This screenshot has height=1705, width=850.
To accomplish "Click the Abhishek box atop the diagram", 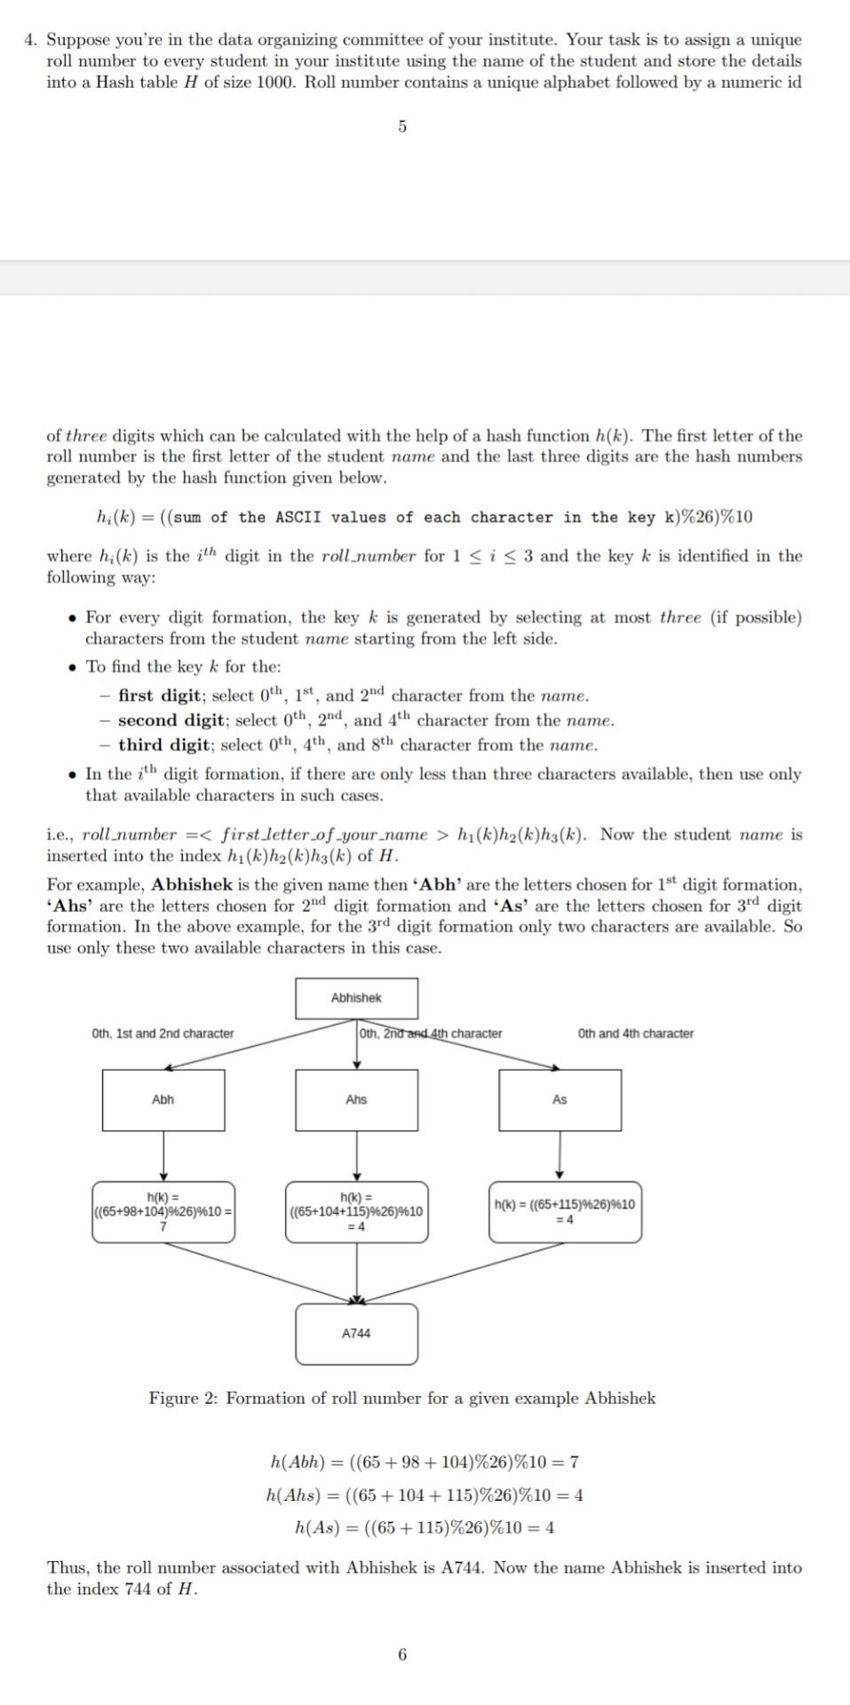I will [x=356, y=998].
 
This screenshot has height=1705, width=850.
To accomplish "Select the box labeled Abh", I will [x=163, y=1099].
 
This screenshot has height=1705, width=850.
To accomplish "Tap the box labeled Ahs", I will [x=356, y=1099].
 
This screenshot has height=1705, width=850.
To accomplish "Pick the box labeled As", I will [x=560, y=1099].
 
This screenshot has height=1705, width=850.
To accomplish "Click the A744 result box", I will [x=356, y=1333].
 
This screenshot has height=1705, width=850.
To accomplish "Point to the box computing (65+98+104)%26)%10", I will [x=163, y=1211].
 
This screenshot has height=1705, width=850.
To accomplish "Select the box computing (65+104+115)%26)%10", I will [x=356, y=1211].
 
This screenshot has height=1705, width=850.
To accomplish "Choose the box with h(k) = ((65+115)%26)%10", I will [x=565, y=1211].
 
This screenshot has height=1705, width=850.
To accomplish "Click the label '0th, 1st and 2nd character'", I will [x=163, y=1034].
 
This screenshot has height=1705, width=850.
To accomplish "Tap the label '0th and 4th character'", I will [x=635, y=1034].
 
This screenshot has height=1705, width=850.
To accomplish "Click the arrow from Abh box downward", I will [x=163, y=1155].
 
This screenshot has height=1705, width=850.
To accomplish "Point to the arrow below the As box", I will [x=560, y=1155].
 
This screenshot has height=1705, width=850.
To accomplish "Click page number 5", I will [x=402, y=127].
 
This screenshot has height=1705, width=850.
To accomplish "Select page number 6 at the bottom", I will [x=402, y=1654].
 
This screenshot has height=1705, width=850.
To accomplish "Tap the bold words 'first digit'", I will [x=160, y=695].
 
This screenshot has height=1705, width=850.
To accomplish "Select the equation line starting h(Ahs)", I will [x=425, y=1495].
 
